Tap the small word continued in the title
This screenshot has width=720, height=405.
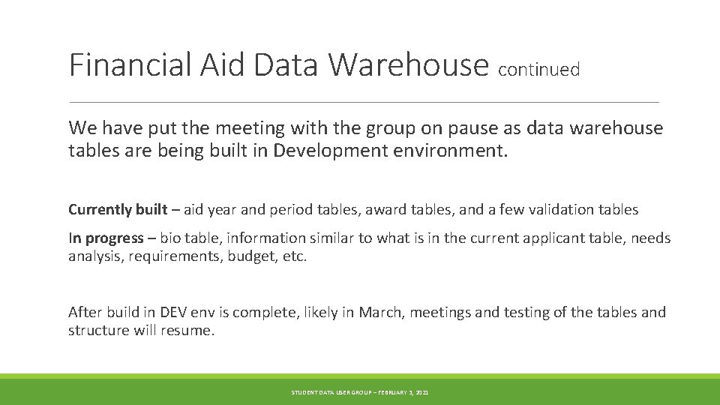538,70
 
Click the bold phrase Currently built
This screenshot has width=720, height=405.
116,209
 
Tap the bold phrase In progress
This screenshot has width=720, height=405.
106,238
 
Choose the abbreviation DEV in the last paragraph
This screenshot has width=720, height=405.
170,312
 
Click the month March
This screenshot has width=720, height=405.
382,312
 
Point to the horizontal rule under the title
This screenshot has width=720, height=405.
364,102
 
